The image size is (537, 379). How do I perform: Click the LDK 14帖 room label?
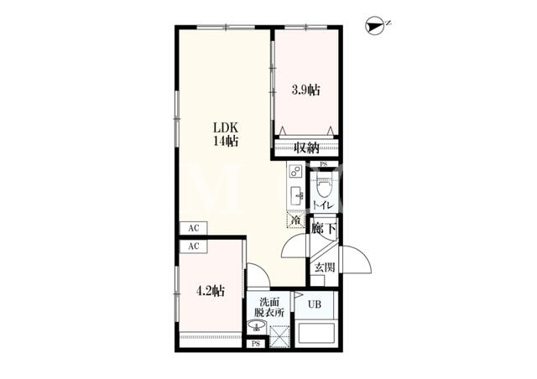(226, 134)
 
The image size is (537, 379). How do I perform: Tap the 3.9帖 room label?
(305, 90)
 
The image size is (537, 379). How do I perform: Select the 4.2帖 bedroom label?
(210, 291)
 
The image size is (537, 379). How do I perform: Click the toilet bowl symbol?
(322, 188)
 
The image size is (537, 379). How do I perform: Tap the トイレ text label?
(322, 205)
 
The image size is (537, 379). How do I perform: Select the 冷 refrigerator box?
(295, 220)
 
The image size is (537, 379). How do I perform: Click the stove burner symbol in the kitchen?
(295, 170)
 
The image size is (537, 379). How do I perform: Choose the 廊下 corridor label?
(324, 228)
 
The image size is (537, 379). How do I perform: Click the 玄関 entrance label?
(325, 267)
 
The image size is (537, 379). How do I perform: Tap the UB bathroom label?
(315, 304)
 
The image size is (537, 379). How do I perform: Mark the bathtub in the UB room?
(315, 334)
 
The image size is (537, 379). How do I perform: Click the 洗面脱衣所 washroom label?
(268, 308)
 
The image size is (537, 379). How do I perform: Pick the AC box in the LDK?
(194, 228)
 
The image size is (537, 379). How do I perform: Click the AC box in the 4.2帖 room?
(194, 247)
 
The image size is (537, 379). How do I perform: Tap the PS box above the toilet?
(324, 164)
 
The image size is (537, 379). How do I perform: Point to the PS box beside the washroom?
(256, 344)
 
